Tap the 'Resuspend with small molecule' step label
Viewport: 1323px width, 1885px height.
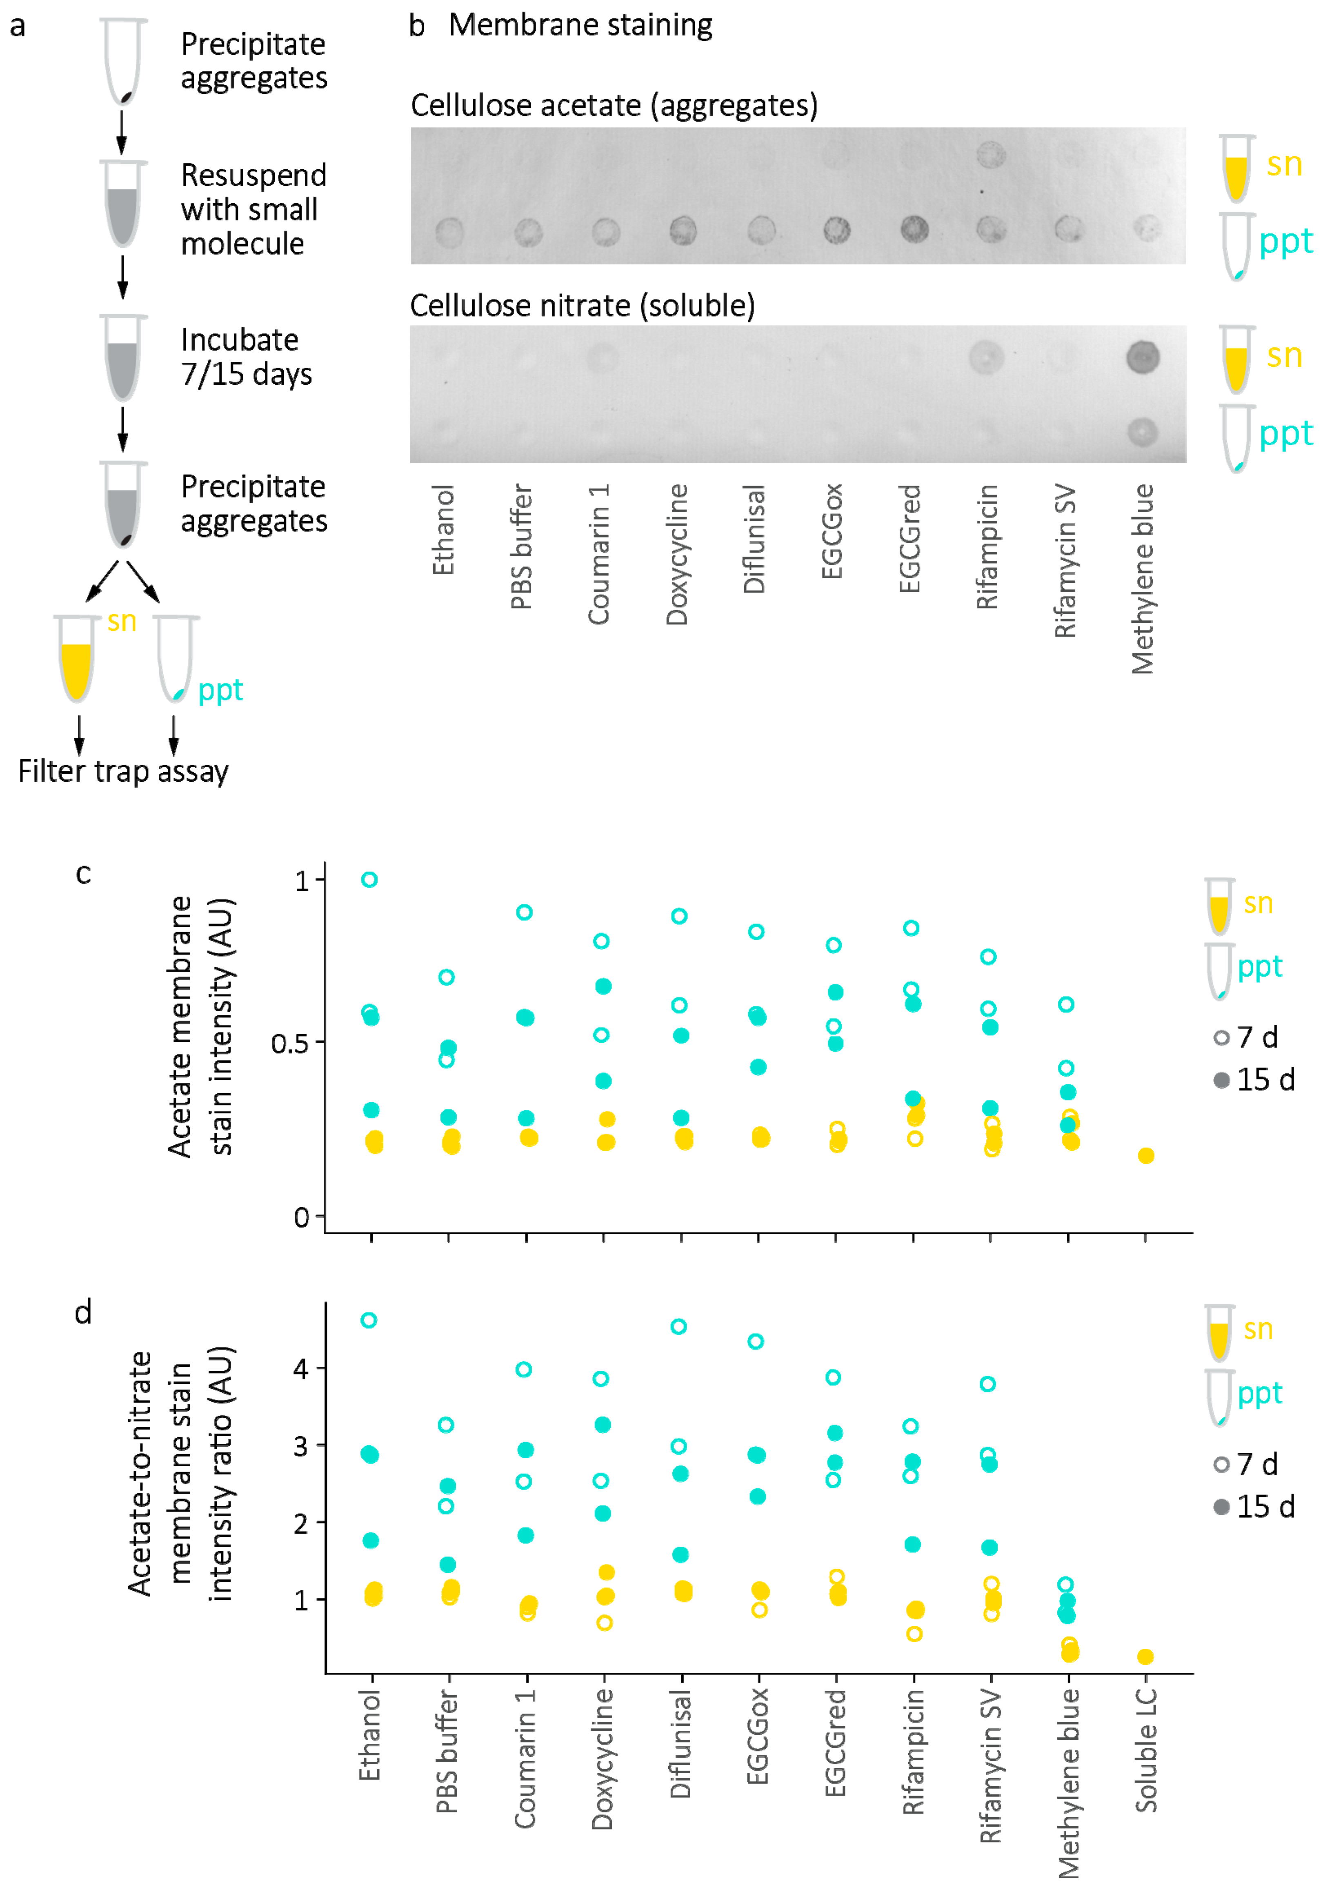coord(253,209)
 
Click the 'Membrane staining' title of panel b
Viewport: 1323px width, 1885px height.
coord(580,25)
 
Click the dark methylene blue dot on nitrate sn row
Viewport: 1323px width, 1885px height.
coord(1142,357)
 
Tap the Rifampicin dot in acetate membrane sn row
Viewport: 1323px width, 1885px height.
coord(990,154)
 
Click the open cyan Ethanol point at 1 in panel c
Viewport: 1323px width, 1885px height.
coord(369,879)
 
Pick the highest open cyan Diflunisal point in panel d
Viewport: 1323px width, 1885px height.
coord(678,1327)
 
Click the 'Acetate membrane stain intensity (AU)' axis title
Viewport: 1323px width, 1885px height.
coord(201,1026)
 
